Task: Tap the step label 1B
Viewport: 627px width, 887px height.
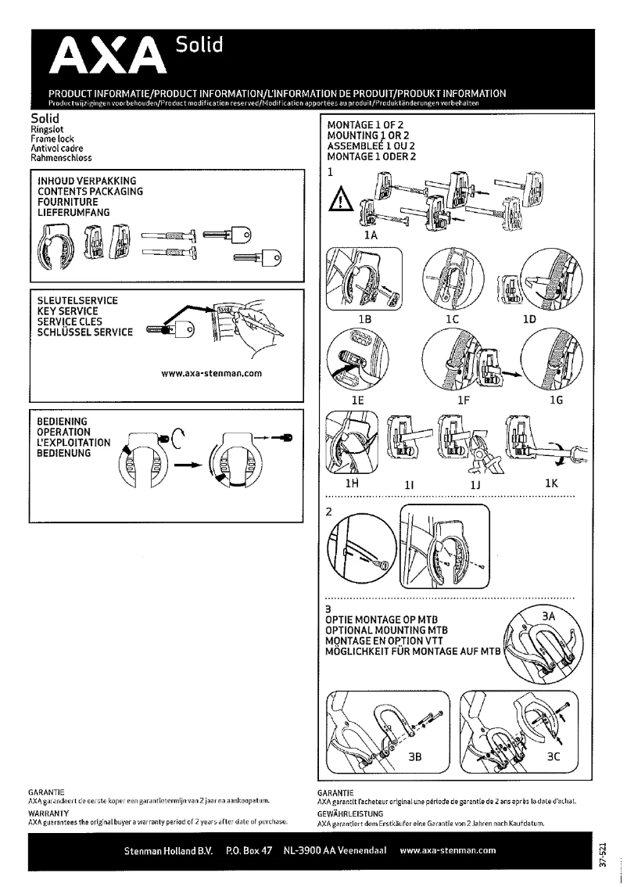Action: coord(364,319)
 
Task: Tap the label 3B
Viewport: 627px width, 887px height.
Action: coord(418,757)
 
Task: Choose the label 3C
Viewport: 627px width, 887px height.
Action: coord(553,757)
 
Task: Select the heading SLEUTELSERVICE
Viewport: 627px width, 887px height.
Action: coord(78,300)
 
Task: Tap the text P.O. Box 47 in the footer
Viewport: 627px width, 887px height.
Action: coord(248,850)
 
